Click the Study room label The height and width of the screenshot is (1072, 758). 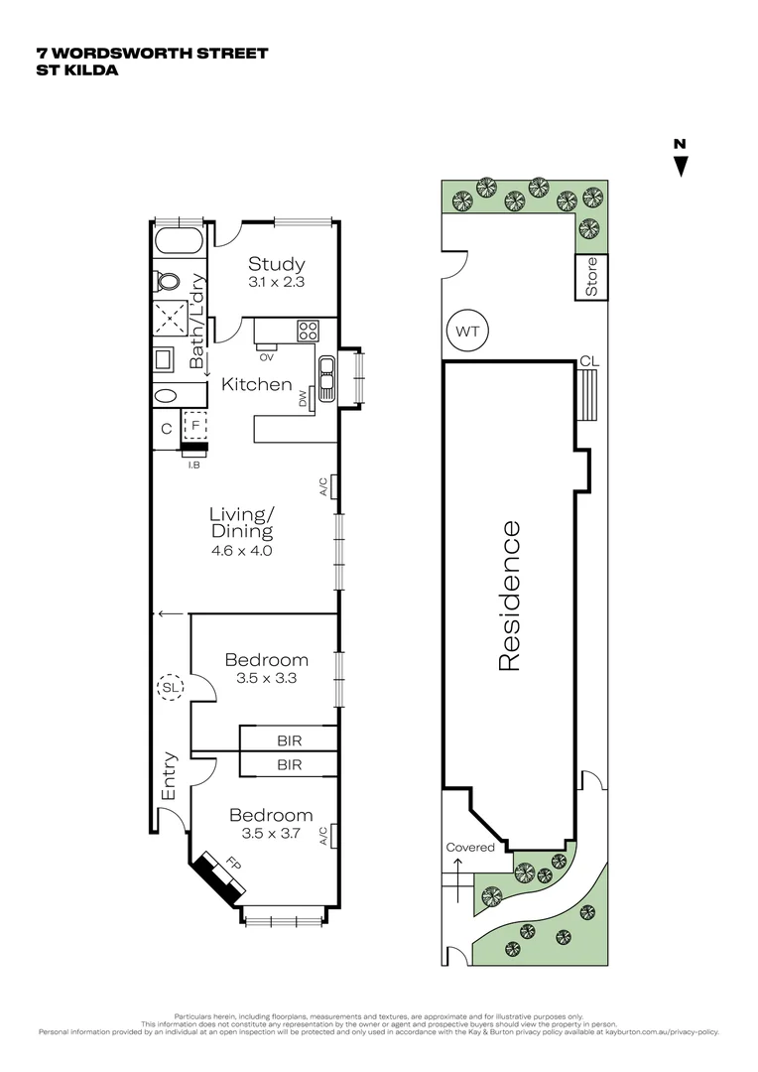(x=276, y=264)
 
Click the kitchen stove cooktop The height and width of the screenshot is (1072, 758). (x=308, y=330)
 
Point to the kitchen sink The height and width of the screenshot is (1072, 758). (x=326, y=375)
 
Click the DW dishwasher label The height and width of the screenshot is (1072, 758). (x=304, y=398)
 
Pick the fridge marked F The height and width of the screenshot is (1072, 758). (x=195, y=424)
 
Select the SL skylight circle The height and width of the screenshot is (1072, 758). (x=169, y=686)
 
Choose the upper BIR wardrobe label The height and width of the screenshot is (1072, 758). (x=289, y=740)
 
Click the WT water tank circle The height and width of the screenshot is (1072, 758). (x=468, y=333)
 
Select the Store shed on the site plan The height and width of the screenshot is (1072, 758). (x=591, y=277)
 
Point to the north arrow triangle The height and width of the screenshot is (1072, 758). (x=680, y=167)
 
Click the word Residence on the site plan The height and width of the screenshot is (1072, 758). (x=508, y=596)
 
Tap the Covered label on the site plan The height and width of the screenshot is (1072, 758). (x=469, y=847)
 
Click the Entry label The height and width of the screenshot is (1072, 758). (x=169, y=777)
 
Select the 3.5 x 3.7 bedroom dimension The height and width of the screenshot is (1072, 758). (x=271, y=834)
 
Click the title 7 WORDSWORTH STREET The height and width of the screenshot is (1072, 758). (x=152, y=53)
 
